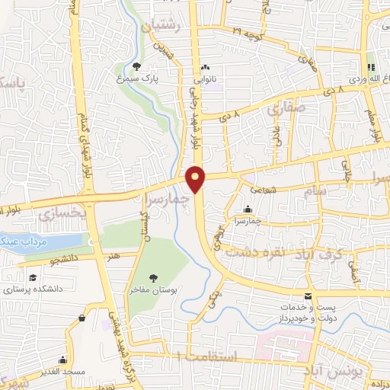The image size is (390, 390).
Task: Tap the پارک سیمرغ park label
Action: coord(136,78)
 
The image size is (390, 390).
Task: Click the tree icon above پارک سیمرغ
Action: coord(136,66)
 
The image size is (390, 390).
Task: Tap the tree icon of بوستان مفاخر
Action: coord(154,278)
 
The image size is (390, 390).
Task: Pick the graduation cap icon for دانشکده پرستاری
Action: coord(33,277)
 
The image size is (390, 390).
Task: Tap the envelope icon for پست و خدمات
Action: coord(308,296)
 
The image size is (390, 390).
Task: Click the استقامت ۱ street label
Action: coord(206,356)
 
